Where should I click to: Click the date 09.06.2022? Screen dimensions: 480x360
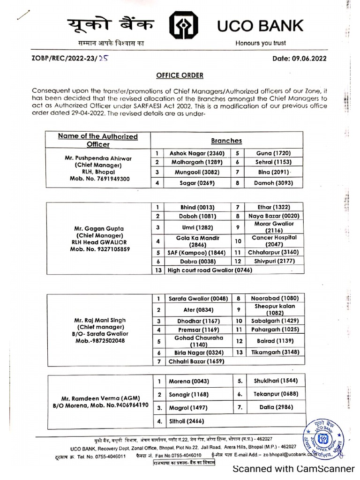[300, 59]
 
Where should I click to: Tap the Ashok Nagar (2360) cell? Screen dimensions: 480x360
[197, 153]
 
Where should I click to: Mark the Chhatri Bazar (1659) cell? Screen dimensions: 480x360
[197, 361]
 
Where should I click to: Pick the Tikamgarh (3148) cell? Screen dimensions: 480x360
[274, 352]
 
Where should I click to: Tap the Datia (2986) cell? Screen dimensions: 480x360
[274, 408]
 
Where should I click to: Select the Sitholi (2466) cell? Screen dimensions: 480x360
[186, 421]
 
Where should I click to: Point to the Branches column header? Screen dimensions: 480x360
[226, 140]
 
